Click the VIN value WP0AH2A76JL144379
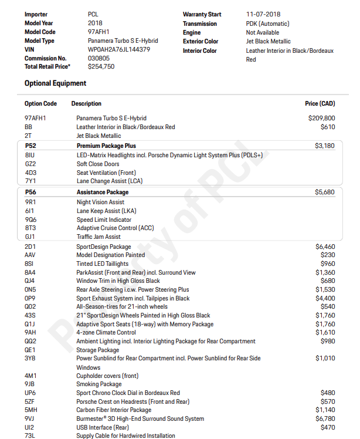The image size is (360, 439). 118,50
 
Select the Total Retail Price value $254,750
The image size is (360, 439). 101,67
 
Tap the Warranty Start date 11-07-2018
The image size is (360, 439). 263,14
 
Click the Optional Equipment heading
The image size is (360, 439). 55,83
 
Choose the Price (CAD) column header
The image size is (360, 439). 320,104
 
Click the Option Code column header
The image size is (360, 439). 40,104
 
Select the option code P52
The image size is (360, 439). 30,146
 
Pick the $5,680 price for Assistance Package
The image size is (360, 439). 325,192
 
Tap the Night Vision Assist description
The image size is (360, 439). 100,202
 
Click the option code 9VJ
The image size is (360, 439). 30,418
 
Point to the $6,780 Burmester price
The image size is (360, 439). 325,418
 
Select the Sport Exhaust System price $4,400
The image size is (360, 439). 325,298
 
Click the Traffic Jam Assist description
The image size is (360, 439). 99,237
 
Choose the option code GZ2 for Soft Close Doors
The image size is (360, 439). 30,164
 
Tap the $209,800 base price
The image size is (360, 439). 321,118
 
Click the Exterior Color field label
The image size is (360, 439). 200,42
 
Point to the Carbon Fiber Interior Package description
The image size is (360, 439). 114,410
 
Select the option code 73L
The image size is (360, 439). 30,435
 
